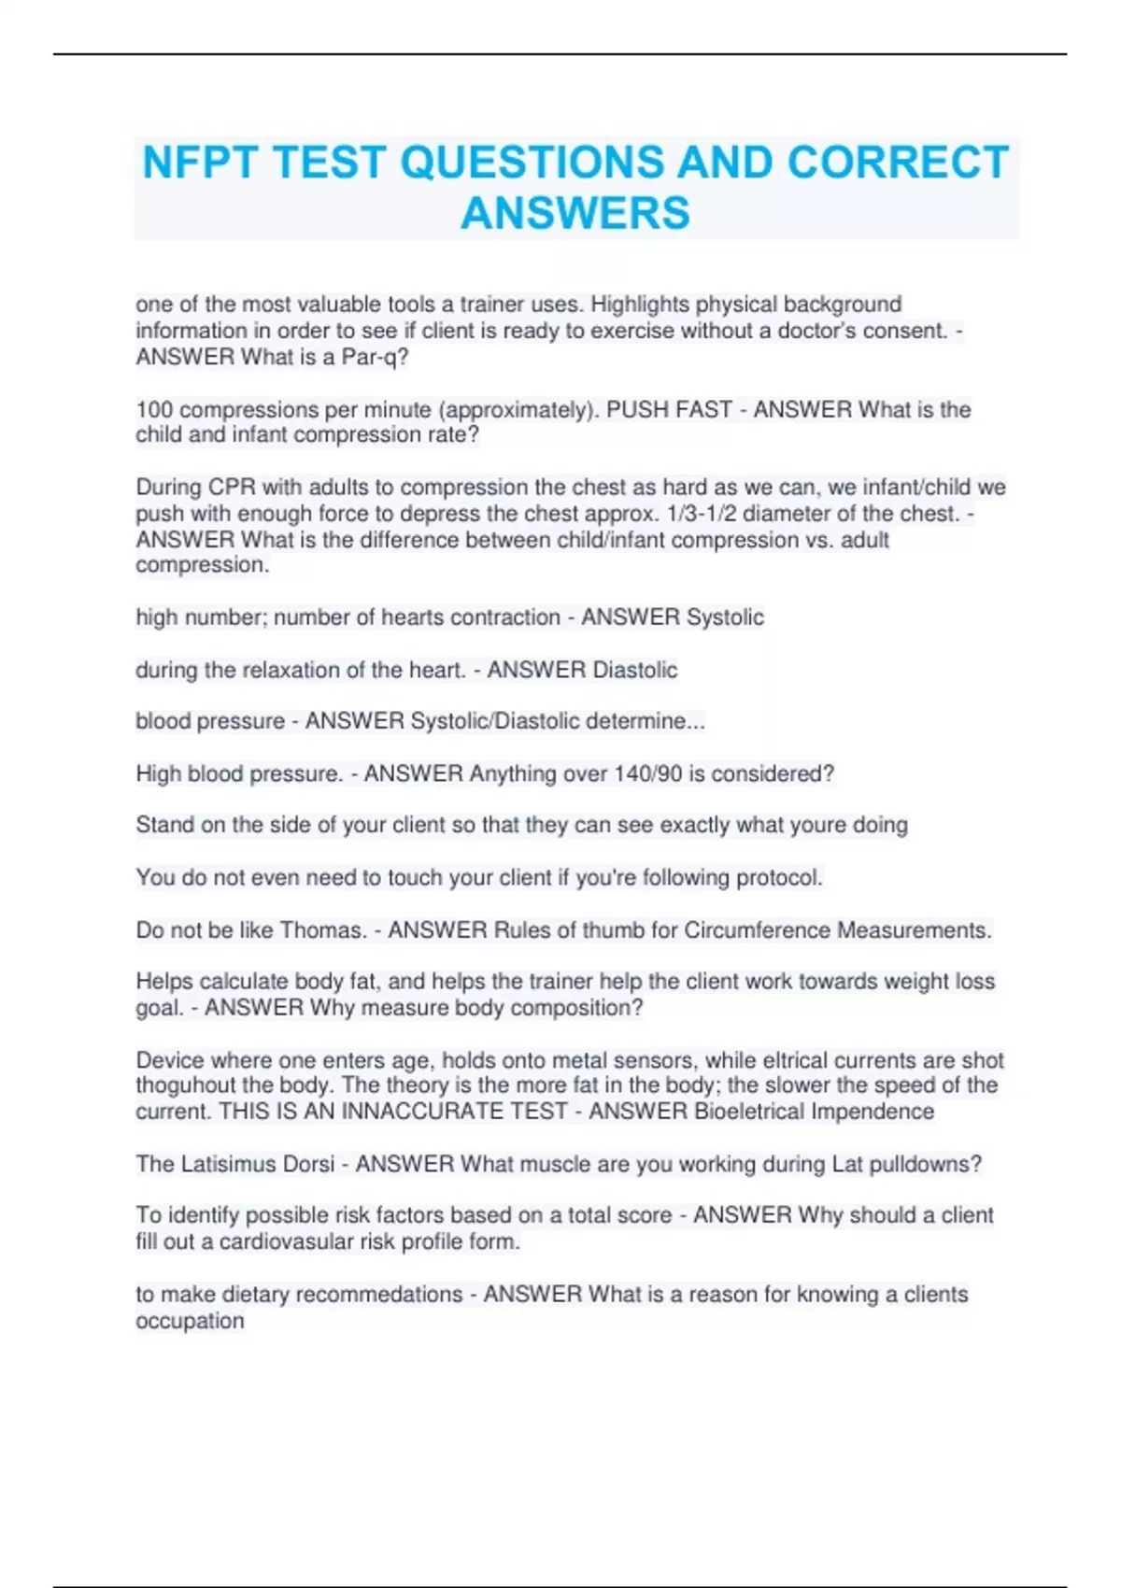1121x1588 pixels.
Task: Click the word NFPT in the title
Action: pos(199,163)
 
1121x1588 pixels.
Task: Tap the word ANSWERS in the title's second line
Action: pos(575,213)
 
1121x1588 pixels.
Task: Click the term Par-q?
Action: pos(376,357)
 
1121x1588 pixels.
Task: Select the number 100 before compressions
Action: pos(154,409)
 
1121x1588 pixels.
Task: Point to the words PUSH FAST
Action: pos(669,409)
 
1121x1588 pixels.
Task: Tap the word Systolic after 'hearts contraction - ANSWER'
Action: pos(725,617)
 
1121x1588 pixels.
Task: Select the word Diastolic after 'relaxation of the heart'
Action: pos(634,670)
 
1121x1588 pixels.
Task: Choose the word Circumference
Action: pos(757,930)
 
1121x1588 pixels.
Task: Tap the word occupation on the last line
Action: pos(190,1321)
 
